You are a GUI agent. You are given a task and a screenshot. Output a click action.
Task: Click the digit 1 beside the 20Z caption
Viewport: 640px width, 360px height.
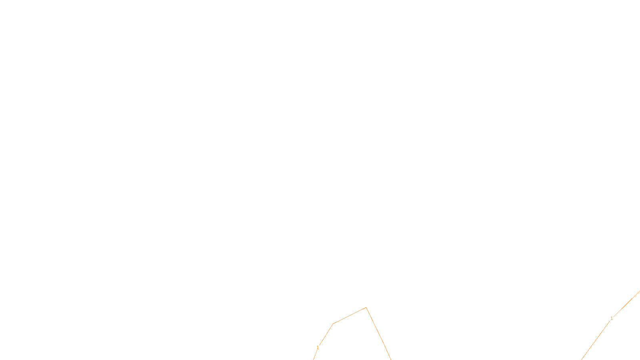[318, 348]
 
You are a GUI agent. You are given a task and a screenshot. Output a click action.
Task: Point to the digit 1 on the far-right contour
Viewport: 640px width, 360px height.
[612, 318]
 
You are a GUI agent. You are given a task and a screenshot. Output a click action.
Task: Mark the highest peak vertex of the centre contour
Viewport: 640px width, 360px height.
[366, 308]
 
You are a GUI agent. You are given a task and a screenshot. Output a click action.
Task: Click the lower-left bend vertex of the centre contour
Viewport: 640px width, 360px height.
[333, 324]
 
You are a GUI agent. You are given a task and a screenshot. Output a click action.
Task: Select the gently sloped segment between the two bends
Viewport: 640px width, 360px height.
[350, 316]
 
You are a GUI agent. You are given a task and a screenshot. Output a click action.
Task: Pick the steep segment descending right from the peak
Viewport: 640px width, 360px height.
[378, 334]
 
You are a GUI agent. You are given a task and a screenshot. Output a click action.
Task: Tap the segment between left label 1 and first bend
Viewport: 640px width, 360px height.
[326, 335]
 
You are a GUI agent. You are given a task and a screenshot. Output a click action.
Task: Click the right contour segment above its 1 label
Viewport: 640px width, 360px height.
[626, 304]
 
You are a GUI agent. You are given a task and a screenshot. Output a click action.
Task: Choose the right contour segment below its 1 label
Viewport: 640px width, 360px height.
[596, 339]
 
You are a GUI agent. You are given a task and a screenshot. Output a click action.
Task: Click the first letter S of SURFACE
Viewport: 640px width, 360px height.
[312, 353]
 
